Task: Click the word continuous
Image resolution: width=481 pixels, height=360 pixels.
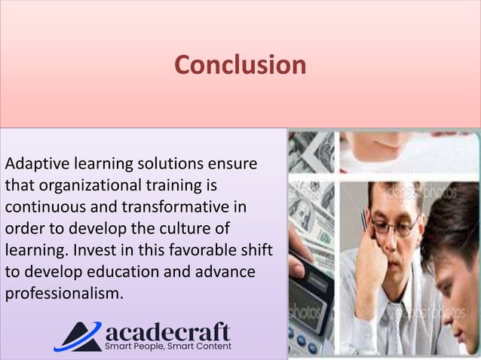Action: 44,206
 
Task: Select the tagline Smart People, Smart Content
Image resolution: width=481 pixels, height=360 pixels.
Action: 167,346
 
